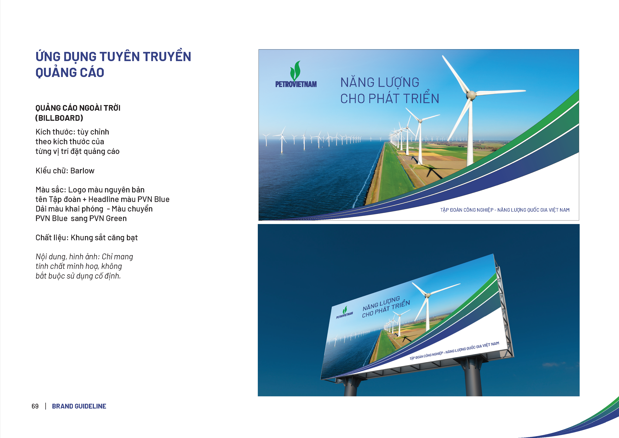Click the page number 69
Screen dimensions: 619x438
pos(35,406)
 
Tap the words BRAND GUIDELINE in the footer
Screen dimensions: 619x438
pos(79,406)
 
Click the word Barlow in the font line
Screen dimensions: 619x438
pos(82,171)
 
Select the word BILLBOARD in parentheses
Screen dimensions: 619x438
pos(59,118)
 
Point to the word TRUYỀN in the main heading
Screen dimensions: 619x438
pos(167,56)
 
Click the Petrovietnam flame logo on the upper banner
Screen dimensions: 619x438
pos(296,71)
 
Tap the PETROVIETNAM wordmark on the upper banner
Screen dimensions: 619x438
pos(296,84)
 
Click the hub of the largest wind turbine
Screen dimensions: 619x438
pos(471,95)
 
